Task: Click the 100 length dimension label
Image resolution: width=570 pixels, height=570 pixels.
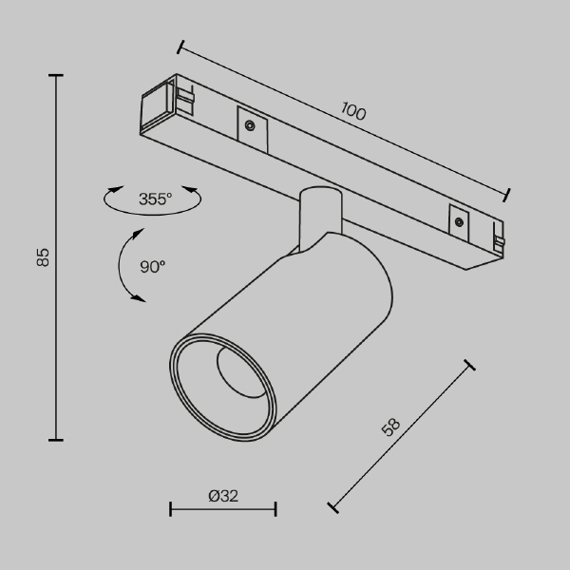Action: pyautogui.click(x=352, y=112)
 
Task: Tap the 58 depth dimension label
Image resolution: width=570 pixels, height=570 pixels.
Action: pyautogui.click(x=389, y=428)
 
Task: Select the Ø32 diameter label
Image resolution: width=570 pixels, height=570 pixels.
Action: pyautogui.click(x=222, y=496)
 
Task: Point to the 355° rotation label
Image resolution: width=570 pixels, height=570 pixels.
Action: pyautogui.click(x=155, y=199)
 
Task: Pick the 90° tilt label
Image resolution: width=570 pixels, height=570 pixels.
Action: pyautogui.click(x=153, y=267)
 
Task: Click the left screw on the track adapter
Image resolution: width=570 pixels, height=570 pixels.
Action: pyautogui.click(x=249, y=124)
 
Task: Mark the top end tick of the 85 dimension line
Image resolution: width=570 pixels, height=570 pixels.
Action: pyautogui.click(x=56, y=75)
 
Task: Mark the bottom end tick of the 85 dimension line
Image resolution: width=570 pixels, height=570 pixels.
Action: pyautogui.click(x=56, y=439)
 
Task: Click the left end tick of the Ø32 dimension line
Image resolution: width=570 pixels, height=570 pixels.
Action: pyautogui.click(x=171, y=509)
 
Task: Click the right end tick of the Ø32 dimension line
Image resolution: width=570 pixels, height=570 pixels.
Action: pyautogui.click(x=275, y=509)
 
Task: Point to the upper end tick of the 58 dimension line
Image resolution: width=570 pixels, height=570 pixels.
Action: pyautogui.click(x=469, y=365)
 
